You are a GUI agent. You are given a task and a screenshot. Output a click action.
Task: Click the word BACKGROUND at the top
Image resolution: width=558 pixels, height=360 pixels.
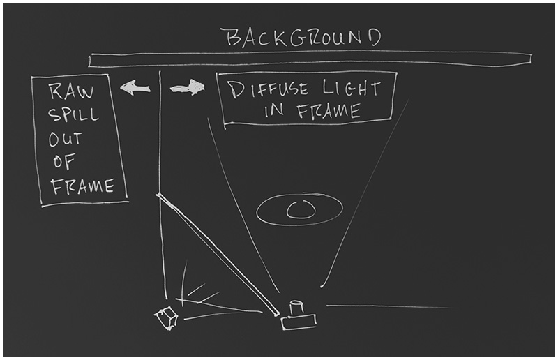[301, 38]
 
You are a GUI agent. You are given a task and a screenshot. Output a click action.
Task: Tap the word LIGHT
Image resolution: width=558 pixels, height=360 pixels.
[352, 89]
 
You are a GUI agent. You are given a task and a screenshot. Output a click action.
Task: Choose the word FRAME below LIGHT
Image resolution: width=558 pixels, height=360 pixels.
[328, 111]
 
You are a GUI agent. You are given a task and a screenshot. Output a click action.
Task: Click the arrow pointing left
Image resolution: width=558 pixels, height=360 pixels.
[135, 87]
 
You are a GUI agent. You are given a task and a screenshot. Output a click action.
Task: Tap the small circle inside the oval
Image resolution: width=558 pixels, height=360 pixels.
[300, 208]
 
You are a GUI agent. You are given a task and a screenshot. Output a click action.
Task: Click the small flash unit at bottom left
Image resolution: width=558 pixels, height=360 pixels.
[167, 318]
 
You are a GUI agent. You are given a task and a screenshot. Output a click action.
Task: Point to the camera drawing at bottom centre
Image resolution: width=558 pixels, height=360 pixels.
[298, 320]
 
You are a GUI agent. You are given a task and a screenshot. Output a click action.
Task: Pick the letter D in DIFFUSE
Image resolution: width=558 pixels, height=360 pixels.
[236, 90]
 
